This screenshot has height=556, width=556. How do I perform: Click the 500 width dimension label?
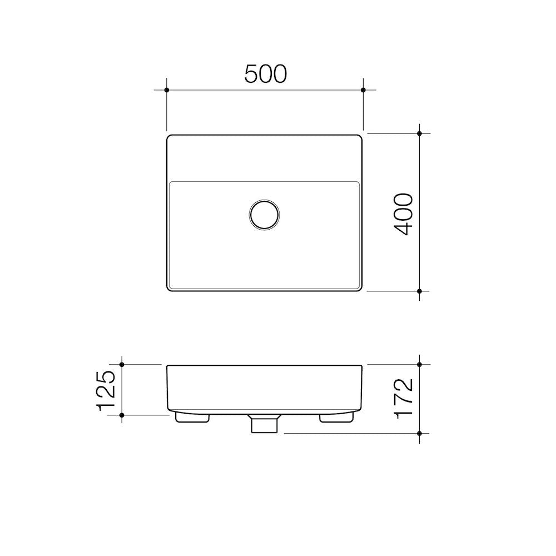265,74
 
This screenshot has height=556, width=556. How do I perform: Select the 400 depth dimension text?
404,214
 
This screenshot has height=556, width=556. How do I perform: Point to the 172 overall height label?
404,398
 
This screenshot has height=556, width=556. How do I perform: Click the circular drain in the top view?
265,214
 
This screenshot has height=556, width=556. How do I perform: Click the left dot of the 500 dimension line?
167,90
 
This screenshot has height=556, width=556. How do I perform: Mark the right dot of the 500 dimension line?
363,90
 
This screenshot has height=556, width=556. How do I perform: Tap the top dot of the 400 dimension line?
420,133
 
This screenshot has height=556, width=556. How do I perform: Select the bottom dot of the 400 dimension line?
420,291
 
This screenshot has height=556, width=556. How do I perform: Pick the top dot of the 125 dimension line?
122,365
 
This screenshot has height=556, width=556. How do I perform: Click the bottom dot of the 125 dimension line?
122,414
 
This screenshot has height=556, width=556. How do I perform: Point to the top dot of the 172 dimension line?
420,365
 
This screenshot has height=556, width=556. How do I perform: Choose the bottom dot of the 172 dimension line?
420,433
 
